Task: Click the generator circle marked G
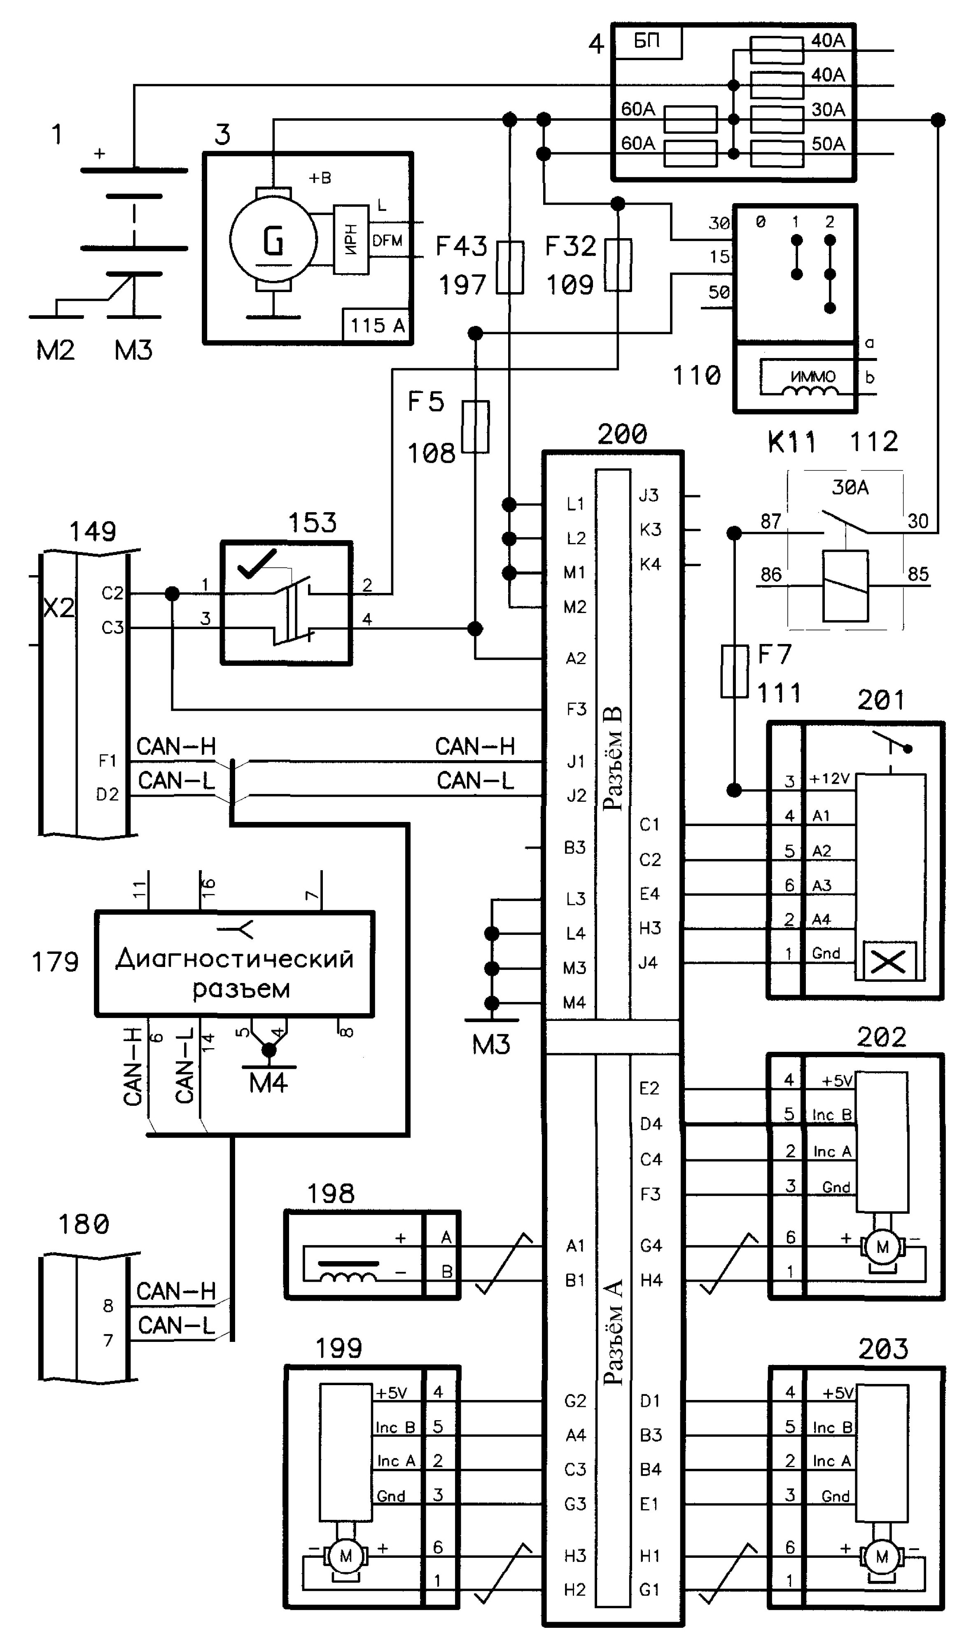[x=273, y=239]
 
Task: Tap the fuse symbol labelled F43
[x=510, y=267]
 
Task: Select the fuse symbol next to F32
[x=618, y=265]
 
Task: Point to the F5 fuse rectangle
[x=476, y=427]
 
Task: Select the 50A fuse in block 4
[x=777, y=154]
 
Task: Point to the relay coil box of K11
[x=845, y=585]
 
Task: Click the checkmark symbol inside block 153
[x=257, y=564]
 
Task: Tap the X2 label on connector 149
[x=59, y=608]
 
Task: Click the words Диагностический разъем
[x=235, y=973]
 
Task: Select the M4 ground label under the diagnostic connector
[x=268, y=1083]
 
